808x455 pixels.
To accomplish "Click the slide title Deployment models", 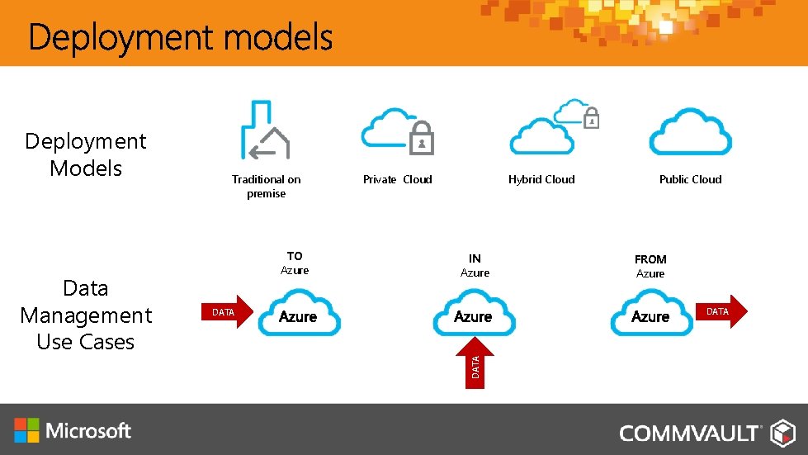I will pos(180,38).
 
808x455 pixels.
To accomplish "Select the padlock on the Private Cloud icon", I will pos(422,140).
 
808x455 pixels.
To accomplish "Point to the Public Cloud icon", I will pos(690,132).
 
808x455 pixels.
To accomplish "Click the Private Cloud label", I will pos(397,179).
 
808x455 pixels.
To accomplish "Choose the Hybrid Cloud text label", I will pos(541,179).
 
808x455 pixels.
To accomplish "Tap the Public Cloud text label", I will pos(690,179).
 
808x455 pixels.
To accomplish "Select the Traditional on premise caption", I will pos(266,187).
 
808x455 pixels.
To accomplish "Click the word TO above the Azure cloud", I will pos(295,256).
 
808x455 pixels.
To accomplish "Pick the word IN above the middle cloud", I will pos(475,258).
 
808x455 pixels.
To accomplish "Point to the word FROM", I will pos(650,259).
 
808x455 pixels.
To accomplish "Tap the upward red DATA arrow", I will pos(475,361).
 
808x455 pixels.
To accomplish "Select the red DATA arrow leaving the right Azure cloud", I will pos(721,311).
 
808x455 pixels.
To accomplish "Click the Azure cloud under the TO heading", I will pos(298,314).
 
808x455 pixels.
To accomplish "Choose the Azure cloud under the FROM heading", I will pos(650,314).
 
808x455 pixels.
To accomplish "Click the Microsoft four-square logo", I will pos(26,429).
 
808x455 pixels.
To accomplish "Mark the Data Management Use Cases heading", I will pos(86,315).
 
